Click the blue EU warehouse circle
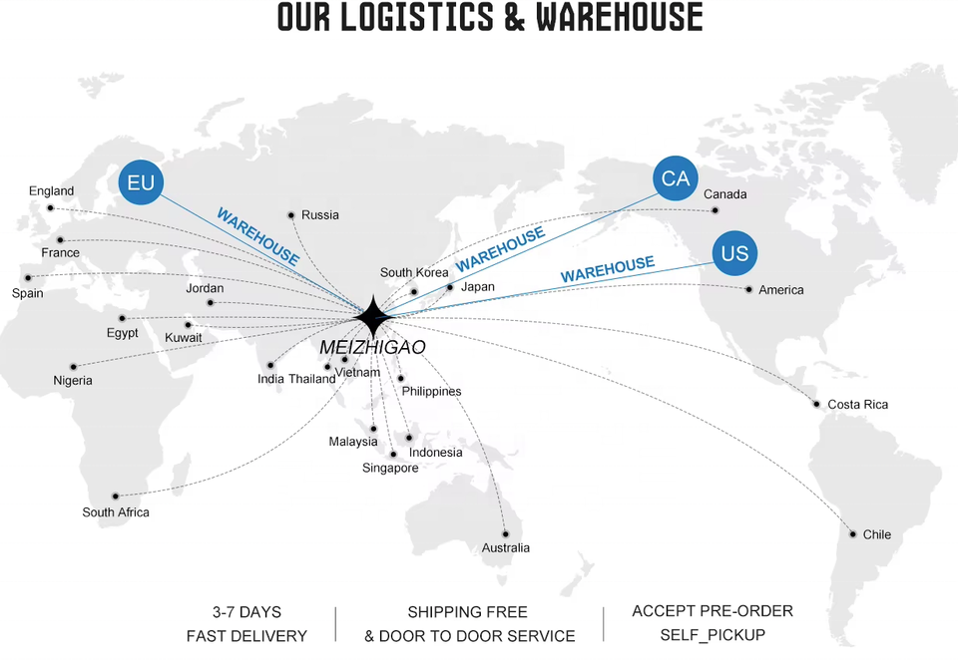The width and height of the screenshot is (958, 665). [x=141, y=182]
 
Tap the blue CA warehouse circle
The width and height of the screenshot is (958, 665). [x=676, y=178]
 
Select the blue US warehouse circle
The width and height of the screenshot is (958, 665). [x=734, y=253]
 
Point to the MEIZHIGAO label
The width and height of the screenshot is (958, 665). [x=372, y=347]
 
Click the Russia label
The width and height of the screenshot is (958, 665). [x=320, y=215]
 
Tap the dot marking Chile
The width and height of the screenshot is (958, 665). [x=852, y=534]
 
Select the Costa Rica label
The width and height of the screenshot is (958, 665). [x=857, y=405]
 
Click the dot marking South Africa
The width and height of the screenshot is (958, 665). [x=116, y=496]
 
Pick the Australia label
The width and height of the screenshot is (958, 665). [x=506, y=548]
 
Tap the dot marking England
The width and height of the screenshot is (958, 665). [x=51, y=208]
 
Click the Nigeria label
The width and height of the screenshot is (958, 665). [x=73, y=381]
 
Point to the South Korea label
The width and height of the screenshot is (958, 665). [x=414, y=273]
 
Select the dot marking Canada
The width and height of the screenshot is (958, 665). [x=716, y=210]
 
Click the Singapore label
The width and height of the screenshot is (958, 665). [x=390, y=469]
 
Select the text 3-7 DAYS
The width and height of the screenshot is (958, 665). [x=246, y=611]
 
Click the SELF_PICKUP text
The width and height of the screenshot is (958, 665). [x=713, y=635]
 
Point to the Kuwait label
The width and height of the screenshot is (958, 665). [x=184, y=338]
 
